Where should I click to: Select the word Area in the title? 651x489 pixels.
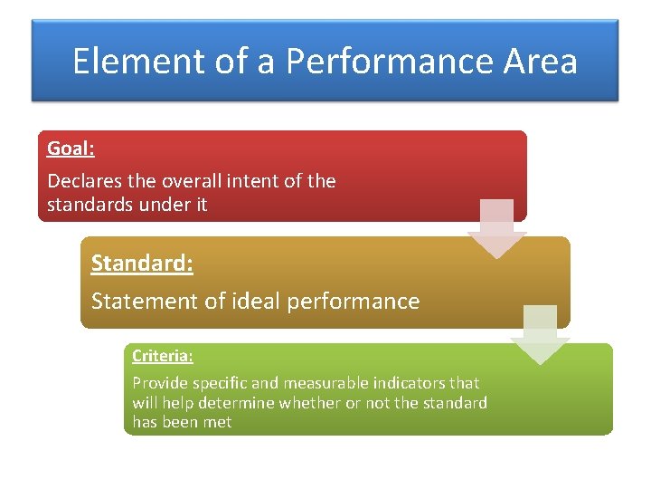tap(542, 62)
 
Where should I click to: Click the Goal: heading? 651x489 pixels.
tap(71, 149)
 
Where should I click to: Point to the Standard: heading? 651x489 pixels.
tap(142, 264)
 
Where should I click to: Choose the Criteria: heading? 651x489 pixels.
tap(163, 356)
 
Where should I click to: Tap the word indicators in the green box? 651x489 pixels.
tap(399, 383)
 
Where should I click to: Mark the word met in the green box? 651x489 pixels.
tap(218, 422)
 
